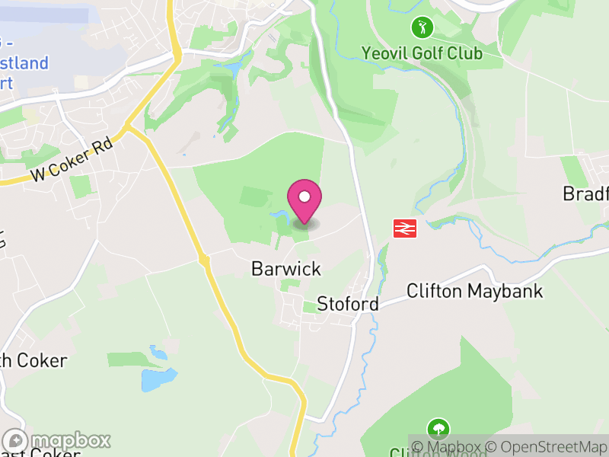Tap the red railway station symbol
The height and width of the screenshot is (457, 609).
click(403, 228)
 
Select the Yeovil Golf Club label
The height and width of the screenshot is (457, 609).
click(422, 53)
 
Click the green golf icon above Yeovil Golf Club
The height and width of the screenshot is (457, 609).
click(422, 29)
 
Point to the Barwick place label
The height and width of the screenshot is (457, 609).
click(286, 269)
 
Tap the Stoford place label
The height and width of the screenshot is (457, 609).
click(348, 304)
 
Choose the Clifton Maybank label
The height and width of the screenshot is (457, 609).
click(474, 290)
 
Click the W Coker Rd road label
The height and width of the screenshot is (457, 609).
click(72, 160)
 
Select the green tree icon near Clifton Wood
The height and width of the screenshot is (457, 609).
click(438, 428)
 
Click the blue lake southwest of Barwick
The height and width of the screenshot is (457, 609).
click(158, 379)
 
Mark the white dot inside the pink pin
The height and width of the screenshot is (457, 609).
click(304, 197)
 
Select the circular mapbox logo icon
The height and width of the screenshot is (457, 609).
click(16, 441)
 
